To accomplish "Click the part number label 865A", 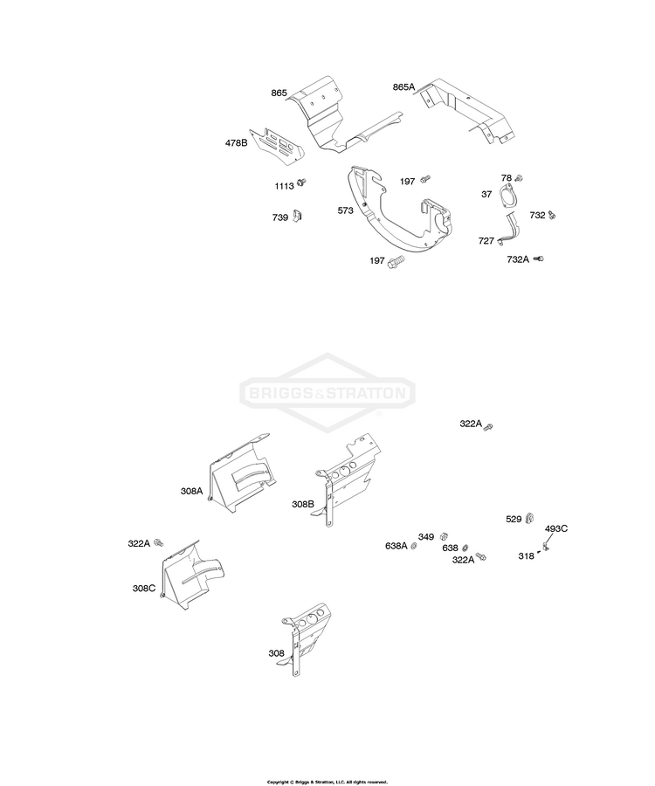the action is point(403,87).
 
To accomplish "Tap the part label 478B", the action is point(236,143).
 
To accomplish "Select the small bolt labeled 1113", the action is point(301,183).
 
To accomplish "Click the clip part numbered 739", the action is point(297,216).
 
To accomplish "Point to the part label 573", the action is point(345,210).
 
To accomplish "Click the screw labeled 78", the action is point(519,178).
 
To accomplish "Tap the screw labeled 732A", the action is point(539,259).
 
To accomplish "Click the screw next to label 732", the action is point(552,215).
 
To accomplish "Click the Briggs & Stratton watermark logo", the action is point(327,392).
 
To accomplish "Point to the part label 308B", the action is point(303,504).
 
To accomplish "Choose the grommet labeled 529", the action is point(529,519).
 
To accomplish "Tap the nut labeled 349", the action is point(444,537).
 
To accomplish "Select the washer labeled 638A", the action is point(414,546).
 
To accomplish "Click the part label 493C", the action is point(556,528).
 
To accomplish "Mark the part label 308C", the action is point(144,589).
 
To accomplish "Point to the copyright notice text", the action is point(327,782).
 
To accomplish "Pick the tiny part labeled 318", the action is point(539,552).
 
